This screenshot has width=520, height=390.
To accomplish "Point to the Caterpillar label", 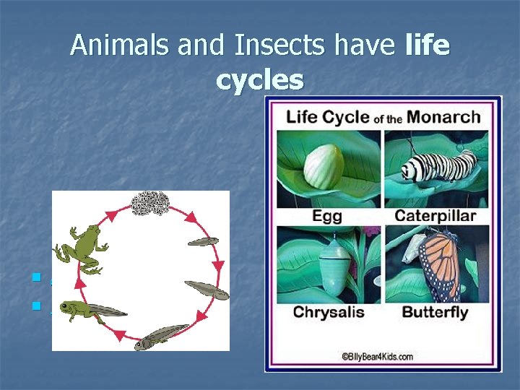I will pos(435,216).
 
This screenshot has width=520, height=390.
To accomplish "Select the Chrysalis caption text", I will pos(329,313).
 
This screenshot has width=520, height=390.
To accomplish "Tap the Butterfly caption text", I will pos(435,313).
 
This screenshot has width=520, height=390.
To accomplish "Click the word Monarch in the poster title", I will pos(443,116).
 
